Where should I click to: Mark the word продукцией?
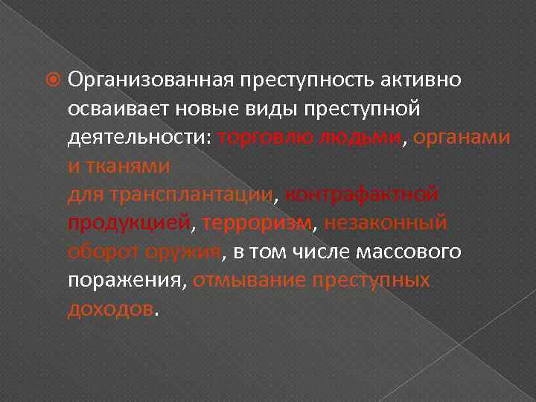click(x=129, y=223)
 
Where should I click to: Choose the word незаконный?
click(x=386, y=223)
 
